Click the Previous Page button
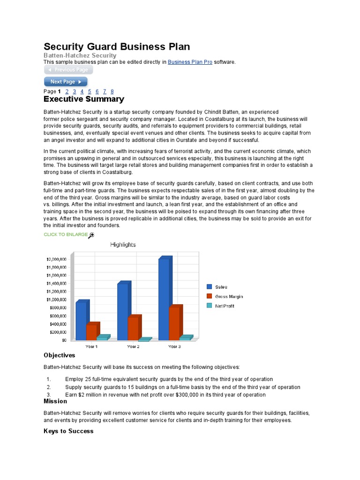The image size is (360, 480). click(68, 70)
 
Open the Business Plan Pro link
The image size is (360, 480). click(190, 62)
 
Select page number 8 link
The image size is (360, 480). click(112, 91)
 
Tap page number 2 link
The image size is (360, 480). click(67, 91)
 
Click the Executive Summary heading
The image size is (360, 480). click(84, 99)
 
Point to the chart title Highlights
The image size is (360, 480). click(123, 245)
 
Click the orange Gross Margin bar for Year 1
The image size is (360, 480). click(91, 332)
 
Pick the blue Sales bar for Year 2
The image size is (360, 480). click(122, 311)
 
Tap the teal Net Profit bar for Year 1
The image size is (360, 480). click(102, 338)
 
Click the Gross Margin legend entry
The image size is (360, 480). click(229, 296)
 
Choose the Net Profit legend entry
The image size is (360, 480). click(225, 306)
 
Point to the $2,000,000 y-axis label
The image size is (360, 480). click(57, 259)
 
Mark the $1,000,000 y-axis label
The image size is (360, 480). click(57, 300)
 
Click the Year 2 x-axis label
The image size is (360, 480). click(133, 346)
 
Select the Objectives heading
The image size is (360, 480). click(60, 355)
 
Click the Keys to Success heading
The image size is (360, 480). click(68, 431)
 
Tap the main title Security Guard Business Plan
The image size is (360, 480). click(117, 46)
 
